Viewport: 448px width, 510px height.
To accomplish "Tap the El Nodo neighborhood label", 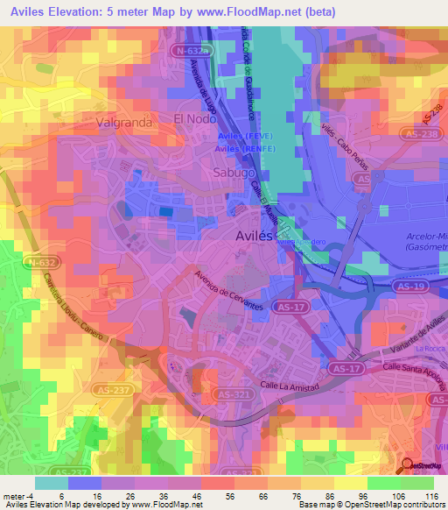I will click(194, 118).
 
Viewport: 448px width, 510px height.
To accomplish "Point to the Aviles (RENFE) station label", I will click(246, 149).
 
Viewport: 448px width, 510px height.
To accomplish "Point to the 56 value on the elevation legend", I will click(224, 496).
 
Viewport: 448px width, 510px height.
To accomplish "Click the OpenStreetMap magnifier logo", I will click(408, 466).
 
